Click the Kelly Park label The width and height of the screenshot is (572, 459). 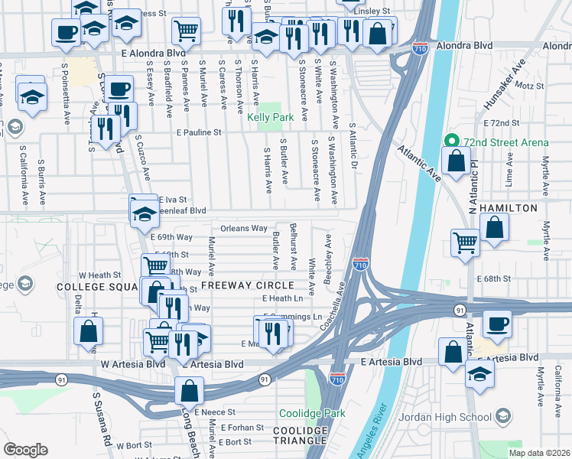tap(270, 118)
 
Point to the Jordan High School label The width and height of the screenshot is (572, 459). tap(455, 417)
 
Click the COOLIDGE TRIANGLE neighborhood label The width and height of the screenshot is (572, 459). tap(301, 436)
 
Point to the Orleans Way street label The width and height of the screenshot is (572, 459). tap(243, 228)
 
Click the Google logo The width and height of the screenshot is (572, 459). tap(25, 450)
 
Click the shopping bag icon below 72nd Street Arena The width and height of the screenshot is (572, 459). tap(456, 162)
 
